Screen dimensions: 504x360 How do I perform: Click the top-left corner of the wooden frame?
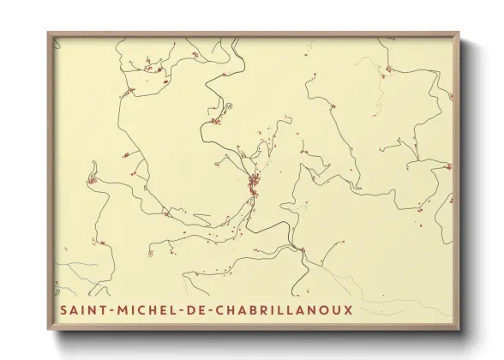pos(49,33)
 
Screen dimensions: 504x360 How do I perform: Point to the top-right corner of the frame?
pos(459,33)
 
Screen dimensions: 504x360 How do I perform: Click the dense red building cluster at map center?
pos(253,182)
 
